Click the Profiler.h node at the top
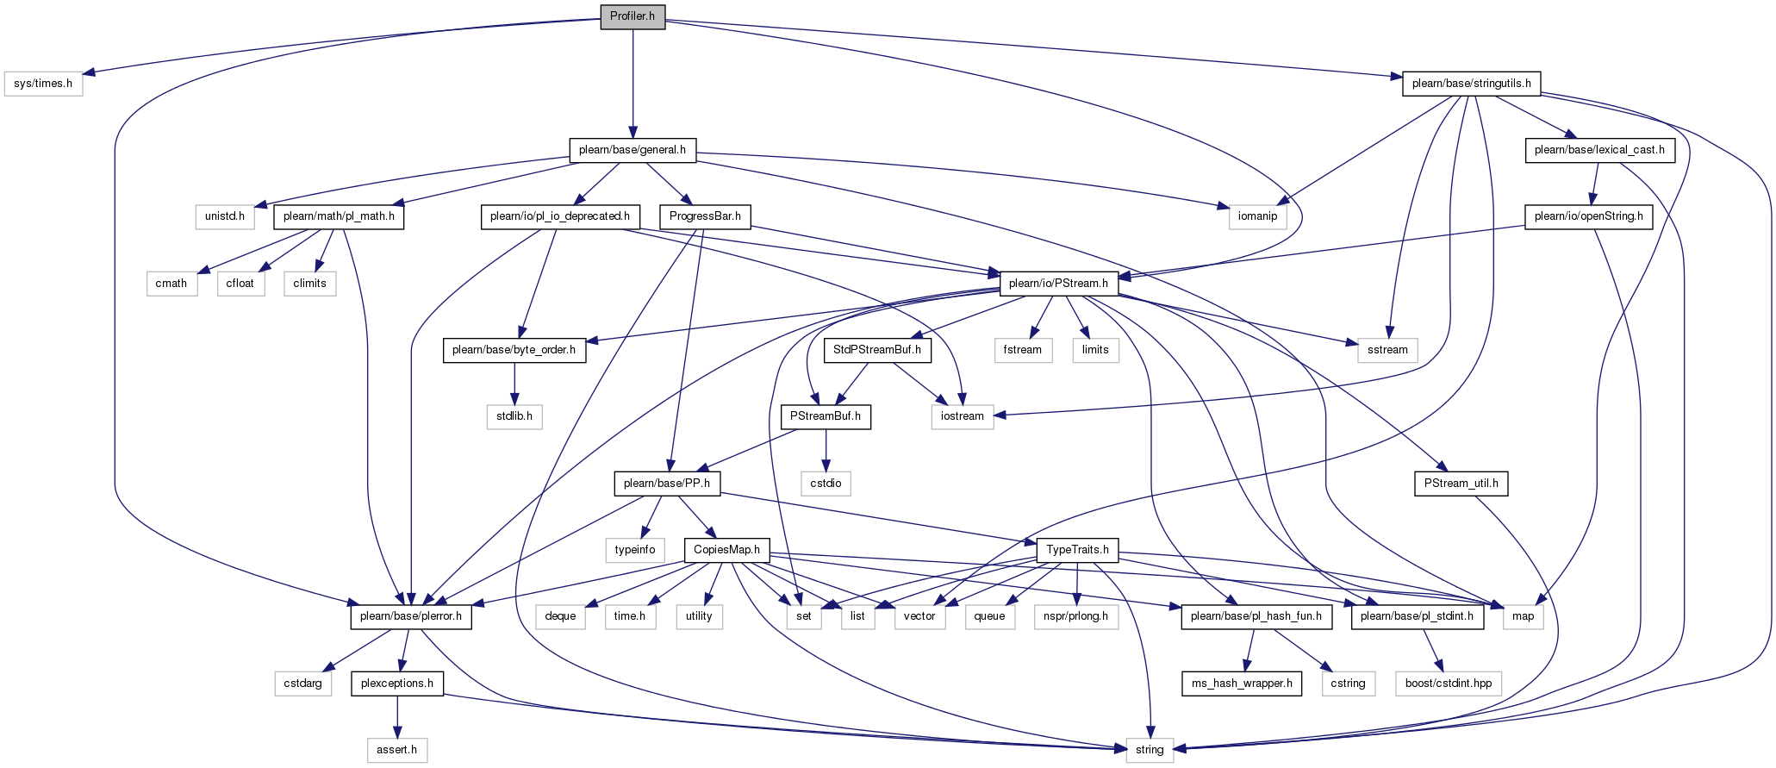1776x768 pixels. coord(633,16)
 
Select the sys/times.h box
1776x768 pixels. coord(43,84)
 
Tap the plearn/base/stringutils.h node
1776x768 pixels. coord(1471,84)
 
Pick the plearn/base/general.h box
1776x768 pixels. coord(633,150)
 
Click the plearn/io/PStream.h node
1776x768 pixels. coord(1058,284)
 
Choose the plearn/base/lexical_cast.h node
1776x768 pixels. coord(1598,150)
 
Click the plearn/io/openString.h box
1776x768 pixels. coord(1589,216)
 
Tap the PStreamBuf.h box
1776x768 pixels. coord(826,417)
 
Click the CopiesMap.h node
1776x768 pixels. coord(726,550)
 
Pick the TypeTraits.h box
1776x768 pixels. coord(1077,550)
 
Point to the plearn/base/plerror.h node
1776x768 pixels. coord(410,616)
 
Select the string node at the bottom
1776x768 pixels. coord(1150,750)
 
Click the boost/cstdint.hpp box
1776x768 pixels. coord(1449,684)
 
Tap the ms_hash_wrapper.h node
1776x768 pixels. coord(1242,684)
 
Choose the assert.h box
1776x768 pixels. coord(396,750)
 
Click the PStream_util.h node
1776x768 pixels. coord(1461,484)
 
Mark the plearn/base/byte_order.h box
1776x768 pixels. coord(514,350)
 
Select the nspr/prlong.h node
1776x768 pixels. coord(1075,616)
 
